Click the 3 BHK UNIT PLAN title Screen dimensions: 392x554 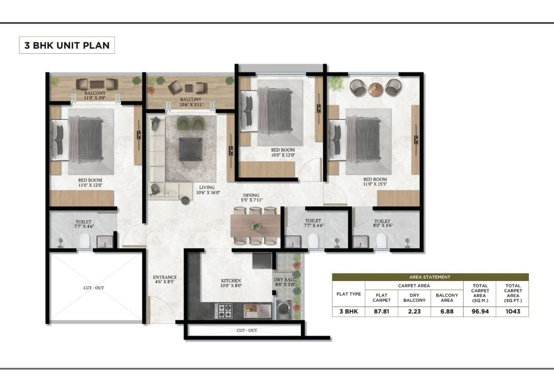(67, 45)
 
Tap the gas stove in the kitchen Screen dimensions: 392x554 (224, 310)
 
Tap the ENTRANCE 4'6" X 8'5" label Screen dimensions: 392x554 (165, 280)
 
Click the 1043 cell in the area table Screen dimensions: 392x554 (512, 311)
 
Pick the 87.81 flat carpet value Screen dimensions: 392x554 (381, 311)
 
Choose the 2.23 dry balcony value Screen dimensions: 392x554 (414, 311)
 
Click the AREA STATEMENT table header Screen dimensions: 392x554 (430, 277)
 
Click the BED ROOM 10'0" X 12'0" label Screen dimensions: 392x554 (283, 153)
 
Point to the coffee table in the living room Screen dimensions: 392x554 (190, 149)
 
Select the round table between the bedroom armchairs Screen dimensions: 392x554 (376, 88)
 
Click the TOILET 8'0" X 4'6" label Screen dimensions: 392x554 (382, 224)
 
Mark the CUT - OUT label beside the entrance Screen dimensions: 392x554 (93, 288)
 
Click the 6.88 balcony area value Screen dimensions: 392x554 (447, 311)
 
